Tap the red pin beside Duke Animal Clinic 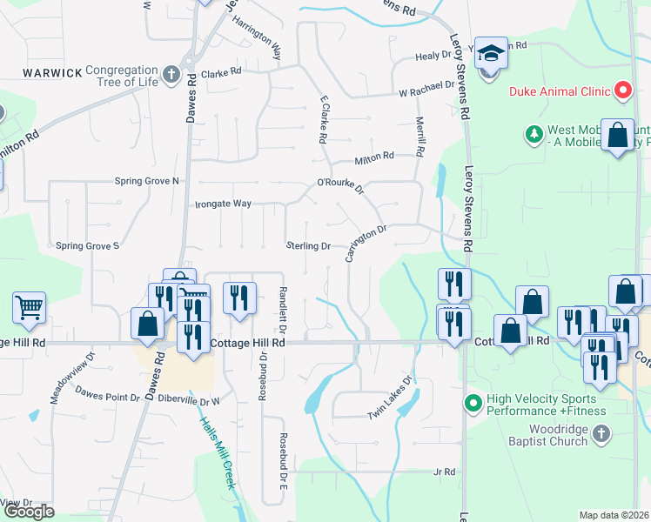click(x=622, y=90)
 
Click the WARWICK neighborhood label click(x=52, y=72)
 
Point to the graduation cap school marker click(x=491, y=55)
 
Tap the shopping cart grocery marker click(x=29, y=306)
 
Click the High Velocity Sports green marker click(x=473, y=403)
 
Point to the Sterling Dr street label click(x=309, y=246)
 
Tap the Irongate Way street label click(x=222, y=204)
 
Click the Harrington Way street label click(x=256, y=36)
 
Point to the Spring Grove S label click(x=87, y=246)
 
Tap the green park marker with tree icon click(x=534, y=134)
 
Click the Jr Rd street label click(x=444, y=472)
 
